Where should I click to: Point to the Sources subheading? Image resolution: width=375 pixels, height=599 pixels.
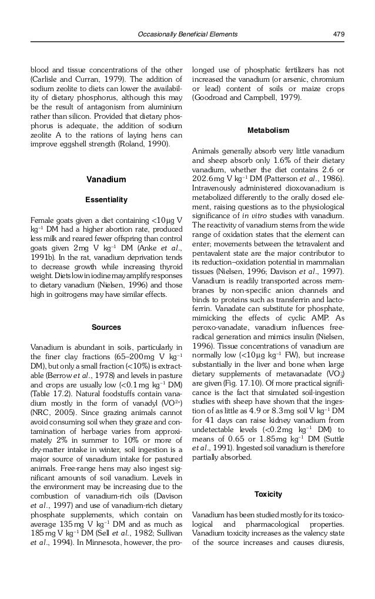[106, 327]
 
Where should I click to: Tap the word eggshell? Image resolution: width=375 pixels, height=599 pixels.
[68, 143]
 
